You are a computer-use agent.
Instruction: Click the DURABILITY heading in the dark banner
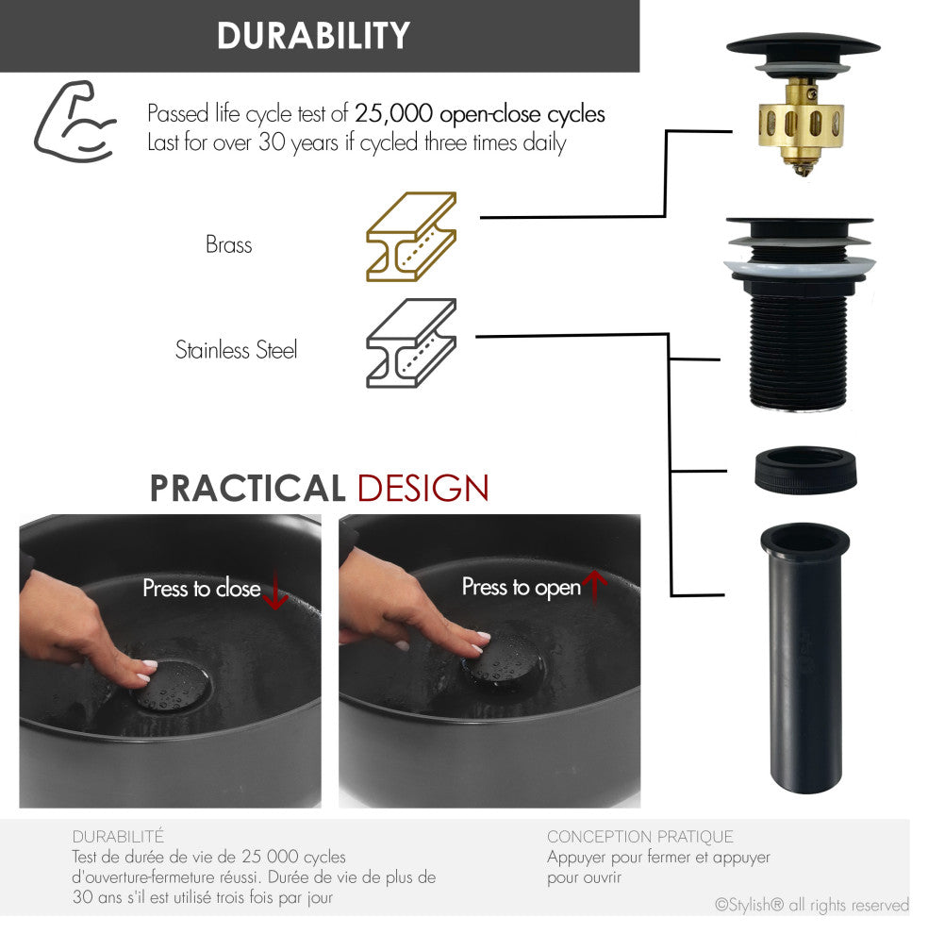click(313, 36)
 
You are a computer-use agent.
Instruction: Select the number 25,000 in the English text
click(394, 114)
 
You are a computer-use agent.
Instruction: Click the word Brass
click(229, 245)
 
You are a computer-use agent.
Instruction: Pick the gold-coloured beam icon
click(411, 236)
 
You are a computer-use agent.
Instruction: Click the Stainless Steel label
click(236, 350)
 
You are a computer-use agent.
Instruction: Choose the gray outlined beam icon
click(411, 343)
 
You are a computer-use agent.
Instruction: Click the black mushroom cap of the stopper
click(803, 44)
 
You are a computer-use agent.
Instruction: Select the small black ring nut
click(805, 469)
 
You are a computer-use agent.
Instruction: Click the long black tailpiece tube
click(804, 660)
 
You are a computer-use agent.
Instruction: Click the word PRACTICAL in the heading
click(248, 489)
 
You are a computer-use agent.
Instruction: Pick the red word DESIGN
click(423, 489)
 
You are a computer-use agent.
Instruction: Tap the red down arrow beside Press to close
click(274, 591)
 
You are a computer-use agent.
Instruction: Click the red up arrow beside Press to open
click(594, 588)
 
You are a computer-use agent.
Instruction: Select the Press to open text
click(521, 588)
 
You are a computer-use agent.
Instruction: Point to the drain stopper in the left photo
click(172, 685)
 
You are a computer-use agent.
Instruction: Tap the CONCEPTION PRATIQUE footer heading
click(639, 836)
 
